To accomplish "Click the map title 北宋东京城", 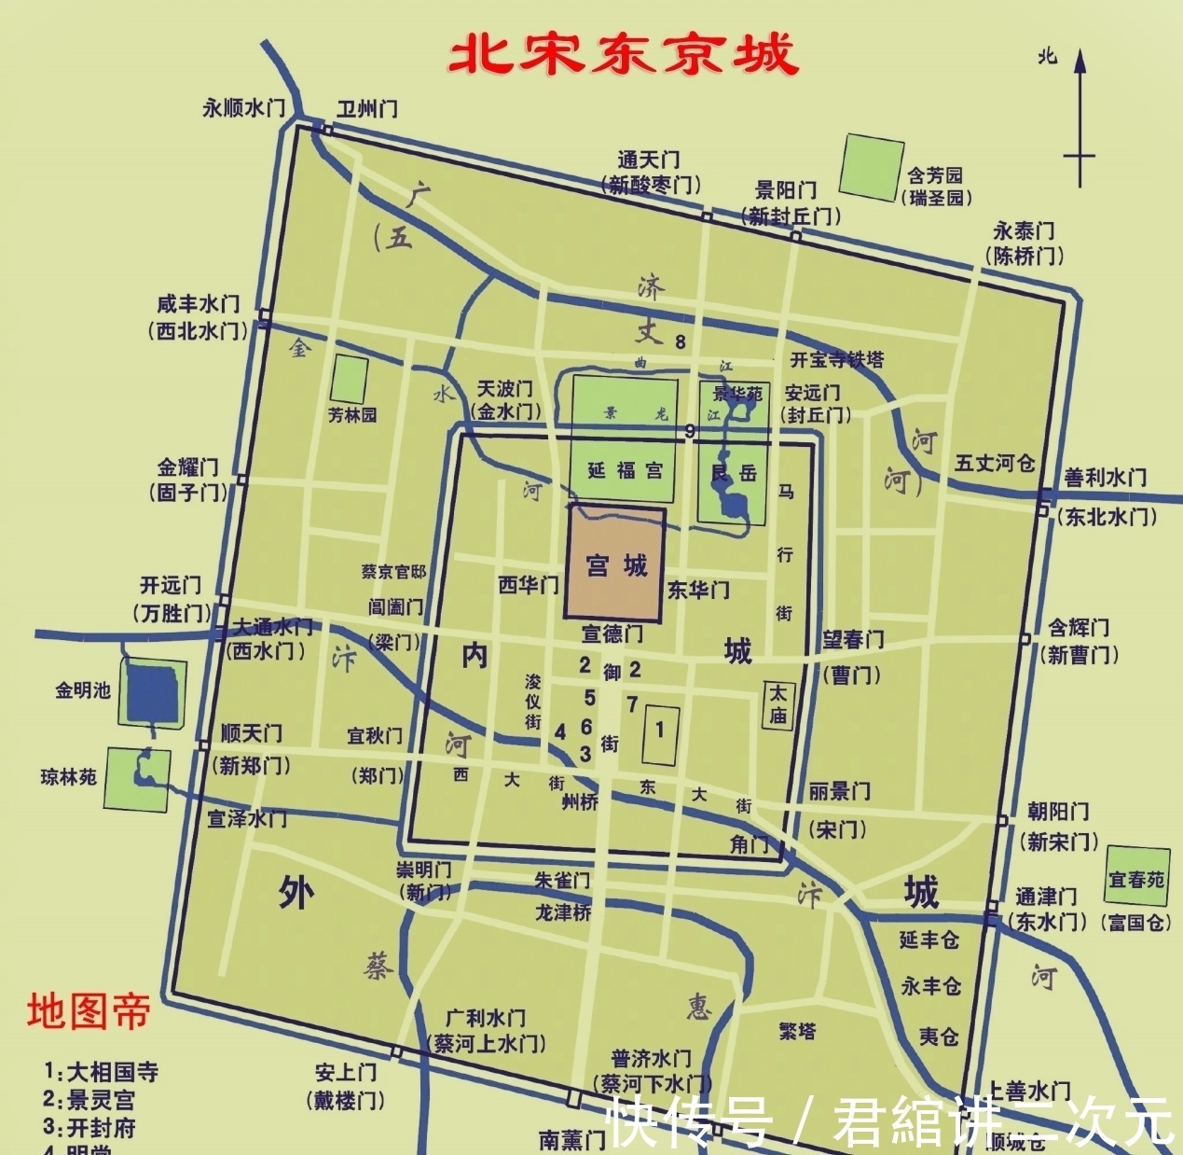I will point(623,55).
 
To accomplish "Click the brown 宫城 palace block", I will point(615,564).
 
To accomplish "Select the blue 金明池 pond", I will point(153,692).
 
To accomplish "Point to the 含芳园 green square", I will point(872,167).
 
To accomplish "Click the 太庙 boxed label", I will point(777,705).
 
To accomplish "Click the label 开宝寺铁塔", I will point(837,360).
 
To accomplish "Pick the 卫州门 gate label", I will point(366,108).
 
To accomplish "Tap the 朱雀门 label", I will point(562,881).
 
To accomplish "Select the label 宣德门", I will point(612,634).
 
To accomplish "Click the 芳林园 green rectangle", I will point(350,380).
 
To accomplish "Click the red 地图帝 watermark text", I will point(88,1011).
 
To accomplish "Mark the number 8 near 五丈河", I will point(681,342).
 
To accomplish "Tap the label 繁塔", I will point(797,1031).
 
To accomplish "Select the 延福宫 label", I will point(625,471).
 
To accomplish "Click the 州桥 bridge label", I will point(580,801).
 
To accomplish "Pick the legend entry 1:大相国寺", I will point(101,1072).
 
